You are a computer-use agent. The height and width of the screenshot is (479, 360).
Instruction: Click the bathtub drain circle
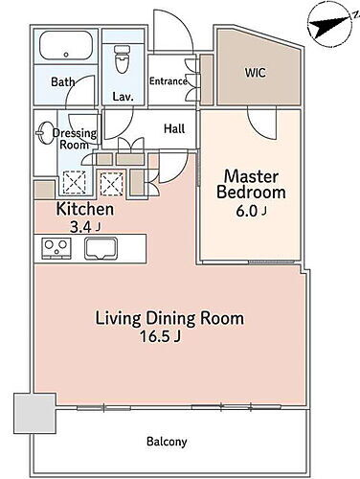(66, 55)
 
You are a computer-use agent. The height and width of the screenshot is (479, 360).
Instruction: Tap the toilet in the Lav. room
(122, 59)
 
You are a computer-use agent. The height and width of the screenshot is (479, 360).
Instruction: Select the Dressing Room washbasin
(45, 133)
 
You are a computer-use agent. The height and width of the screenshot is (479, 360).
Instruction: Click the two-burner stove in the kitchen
(56, 248)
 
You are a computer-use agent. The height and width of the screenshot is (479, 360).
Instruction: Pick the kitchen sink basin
(101, 248)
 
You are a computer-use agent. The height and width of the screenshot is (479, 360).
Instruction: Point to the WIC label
(255, 73)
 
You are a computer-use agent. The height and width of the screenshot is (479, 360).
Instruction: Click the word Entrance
(169, 81)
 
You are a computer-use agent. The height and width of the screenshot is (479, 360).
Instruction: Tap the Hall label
(174, 128)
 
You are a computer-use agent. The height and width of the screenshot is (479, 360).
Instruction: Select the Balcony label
(167, 443)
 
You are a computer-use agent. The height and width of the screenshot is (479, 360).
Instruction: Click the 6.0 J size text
(251, 212)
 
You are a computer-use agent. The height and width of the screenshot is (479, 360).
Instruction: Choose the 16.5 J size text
(160, 336)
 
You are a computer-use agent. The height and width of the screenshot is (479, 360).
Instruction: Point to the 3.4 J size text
(85, 227)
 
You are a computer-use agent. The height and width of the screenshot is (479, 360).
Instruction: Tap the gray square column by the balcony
(34, 414)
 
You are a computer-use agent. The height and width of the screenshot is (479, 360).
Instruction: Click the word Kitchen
(85, 209)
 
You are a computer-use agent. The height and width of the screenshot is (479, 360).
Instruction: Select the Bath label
(63, 81)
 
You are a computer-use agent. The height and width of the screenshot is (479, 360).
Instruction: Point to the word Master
(251, 176)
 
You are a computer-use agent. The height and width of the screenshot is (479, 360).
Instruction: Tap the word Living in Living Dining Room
(118, 319)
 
